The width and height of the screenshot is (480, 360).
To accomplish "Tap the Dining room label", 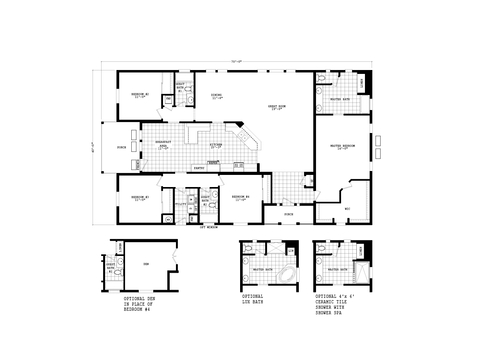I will click(x=217, y=97).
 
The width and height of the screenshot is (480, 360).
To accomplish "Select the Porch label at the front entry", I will click(x=288, y=213).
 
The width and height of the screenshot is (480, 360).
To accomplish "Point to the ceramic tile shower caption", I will click(x=336, y=304).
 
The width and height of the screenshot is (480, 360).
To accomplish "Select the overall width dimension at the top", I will click(x=236, y=63).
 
